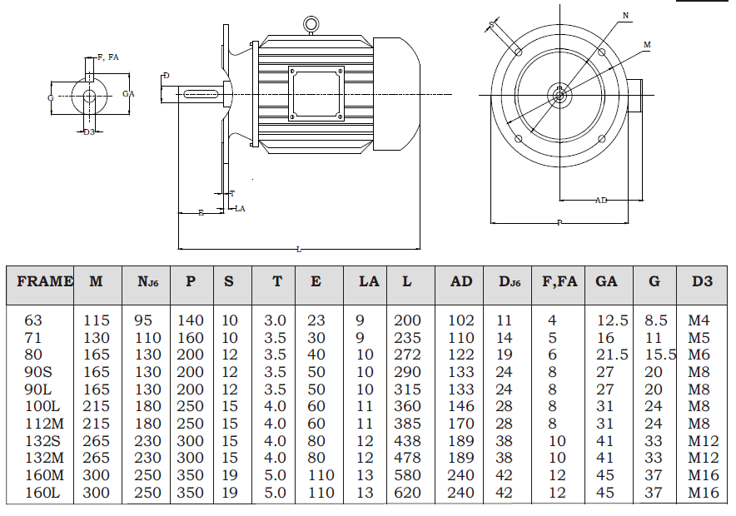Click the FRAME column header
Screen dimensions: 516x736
pyautogui.click(x=45, y=281)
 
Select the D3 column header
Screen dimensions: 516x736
pyautogui.click(x=702, y=281)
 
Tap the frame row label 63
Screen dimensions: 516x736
pyautogui.click(x=33, y=320)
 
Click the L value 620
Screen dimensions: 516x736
pyautogui.click(x=407, y=493)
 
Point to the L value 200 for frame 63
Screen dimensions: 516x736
pyautogui.click(x=407, y=320)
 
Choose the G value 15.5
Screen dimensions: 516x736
pyautogui.click(x=659, y=355)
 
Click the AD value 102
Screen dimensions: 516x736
pyautogui.click(x=461, y=320)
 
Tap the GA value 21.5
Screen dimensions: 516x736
pyautogui.click(x=612, y=355)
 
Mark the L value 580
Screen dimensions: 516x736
pyautogui.click(x=407, y=475)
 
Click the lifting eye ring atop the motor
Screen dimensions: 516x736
pyautogui.click(x=311, y=25)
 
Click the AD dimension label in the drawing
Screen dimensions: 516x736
pyautogui.click(x=601, y=201)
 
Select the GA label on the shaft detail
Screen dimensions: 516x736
pyautogui.click(x=128, y=94)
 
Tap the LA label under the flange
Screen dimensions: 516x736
pyautogui.click(x=240, y=208)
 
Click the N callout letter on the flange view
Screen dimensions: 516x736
pyautogui.click(x=626, y=16)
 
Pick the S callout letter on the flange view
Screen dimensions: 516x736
pyautogui.click(x=491, y=25)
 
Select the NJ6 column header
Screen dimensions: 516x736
pyautogui.click(x=148, y=282)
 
